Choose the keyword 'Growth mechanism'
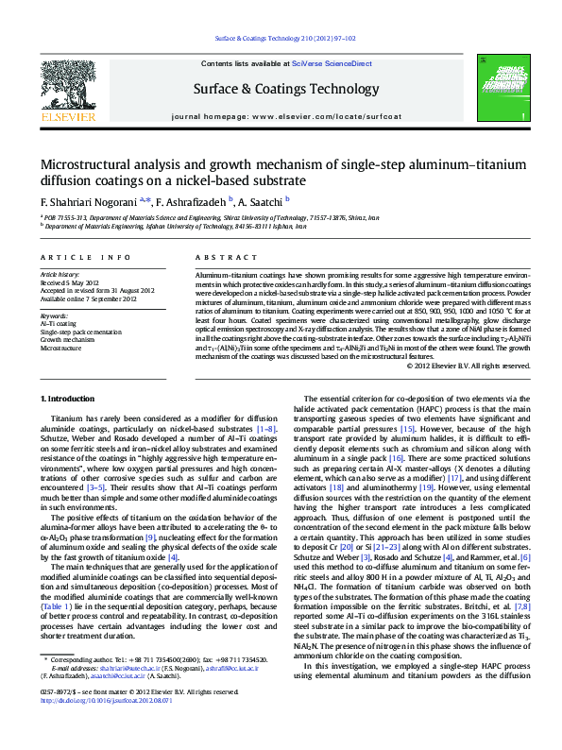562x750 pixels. pos(70,337)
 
